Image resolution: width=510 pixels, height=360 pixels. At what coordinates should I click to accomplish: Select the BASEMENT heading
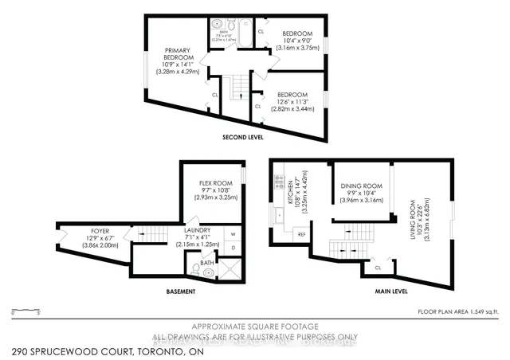tap(180, 292)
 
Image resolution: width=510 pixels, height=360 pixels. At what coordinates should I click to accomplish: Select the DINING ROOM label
tap(361, 186)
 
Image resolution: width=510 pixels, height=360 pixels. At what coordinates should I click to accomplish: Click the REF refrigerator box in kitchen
tap(302, 234)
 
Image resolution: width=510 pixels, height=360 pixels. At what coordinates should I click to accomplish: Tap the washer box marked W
tap(233, 234)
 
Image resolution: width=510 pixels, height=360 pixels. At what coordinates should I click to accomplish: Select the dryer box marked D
tap(233, 248)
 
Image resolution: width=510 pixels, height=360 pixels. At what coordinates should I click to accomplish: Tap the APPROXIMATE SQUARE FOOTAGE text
tap(255, 327)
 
